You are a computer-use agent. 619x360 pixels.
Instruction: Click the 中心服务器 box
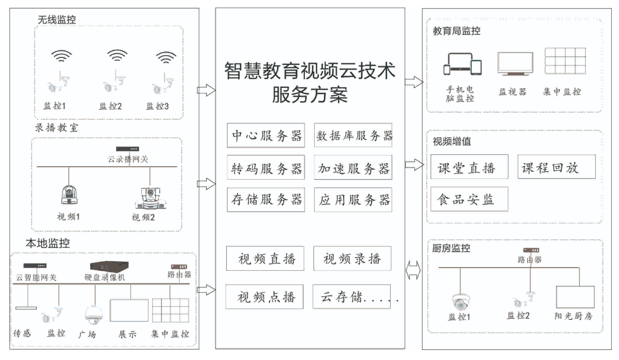265,135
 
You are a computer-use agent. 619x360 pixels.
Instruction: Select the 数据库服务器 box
353,135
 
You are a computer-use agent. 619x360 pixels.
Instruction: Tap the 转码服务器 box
265,168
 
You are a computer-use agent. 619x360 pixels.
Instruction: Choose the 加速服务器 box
353,168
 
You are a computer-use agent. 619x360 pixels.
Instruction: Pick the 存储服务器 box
265,200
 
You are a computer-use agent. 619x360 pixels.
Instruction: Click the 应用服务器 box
353,200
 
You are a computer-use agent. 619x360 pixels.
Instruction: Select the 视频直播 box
265,258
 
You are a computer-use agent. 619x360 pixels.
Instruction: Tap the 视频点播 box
264,297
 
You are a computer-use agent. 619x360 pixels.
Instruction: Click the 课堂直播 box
469,167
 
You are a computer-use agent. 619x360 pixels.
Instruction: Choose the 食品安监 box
469,199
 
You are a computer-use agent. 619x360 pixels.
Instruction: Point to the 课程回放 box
556,167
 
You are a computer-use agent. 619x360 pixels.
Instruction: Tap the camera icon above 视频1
69,195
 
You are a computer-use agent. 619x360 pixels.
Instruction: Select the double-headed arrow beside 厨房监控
413,270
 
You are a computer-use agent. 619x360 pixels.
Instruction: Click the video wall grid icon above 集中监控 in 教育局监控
565,61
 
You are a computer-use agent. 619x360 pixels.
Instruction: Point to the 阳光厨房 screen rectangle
575,297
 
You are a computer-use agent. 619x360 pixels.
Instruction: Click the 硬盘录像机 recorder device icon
109,266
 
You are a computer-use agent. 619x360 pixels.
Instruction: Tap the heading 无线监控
57,20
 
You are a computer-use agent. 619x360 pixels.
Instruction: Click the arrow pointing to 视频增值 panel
414,164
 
